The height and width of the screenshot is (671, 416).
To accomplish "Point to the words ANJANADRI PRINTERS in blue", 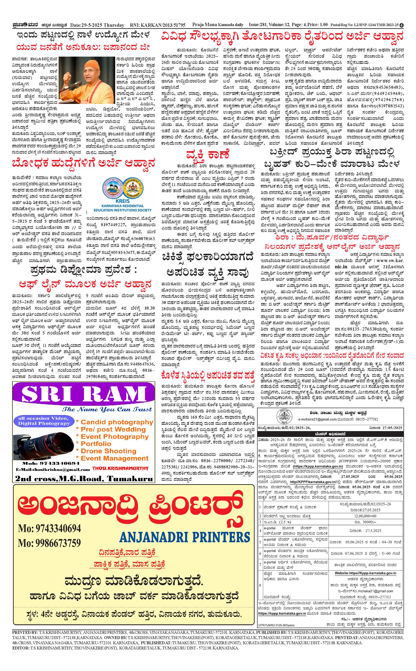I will [x=185, y=537].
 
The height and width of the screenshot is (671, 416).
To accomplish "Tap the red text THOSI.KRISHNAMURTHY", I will [x=120, y=468].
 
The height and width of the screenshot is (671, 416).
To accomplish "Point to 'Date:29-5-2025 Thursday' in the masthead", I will [x=97, y=25].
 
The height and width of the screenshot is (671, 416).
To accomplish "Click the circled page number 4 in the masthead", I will [x=402, y=25].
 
